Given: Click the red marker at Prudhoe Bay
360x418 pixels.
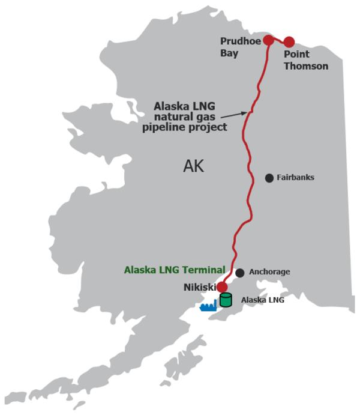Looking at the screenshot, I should click(x=269, y=40).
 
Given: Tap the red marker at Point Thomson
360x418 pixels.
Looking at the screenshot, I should click(x=289, y=42).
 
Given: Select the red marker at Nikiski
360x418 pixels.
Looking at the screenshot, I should click(x=222, y=287).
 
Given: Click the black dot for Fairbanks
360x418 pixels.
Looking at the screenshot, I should click(x=269, y=178).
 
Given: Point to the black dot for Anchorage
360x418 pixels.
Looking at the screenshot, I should click(x=240, y=273).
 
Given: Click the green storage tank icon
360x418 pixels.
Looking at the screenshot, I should click(x=226, y=300).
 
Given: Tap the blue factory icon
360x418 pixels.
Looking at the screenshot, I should click(x=208, y=306).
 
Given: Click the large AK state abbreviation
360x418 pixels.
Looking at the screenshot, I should click(x=193, y=166).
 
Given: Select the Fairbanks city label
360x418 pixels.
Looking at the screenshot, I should click(x=295, y=178).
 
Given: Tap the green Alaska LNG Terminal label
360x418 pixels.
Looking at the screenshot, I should click(x=175, y=270).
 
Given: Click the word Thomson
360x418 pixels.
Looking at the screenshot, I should click(x=306, y=66).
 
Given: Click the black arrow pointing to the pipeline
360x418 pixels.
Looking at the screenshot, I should click(x=234, y=115).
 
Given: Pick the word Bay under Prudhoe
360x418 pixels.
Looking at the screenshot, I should click(x=230, y=53).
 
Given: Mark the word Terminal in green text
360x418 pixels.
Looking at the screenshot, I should click(x=204, y=270).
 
